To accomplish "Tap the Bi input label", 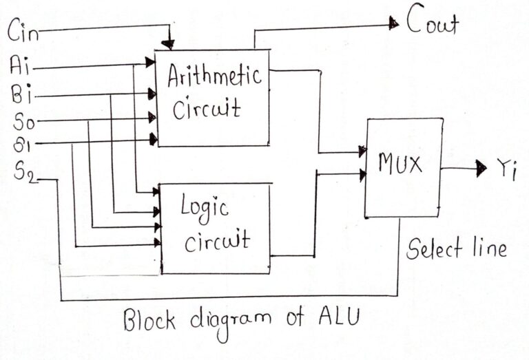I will [21, 94].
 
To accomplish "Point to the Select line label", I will [456, 248].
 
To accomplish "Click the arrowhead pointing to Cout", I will [394, 23].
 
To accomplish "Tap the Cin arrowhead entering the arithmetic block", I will [168, 45].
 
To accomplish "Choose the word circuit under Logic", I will [216, 241].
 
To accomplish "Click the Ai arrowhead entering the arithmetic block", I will [150, 63].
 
